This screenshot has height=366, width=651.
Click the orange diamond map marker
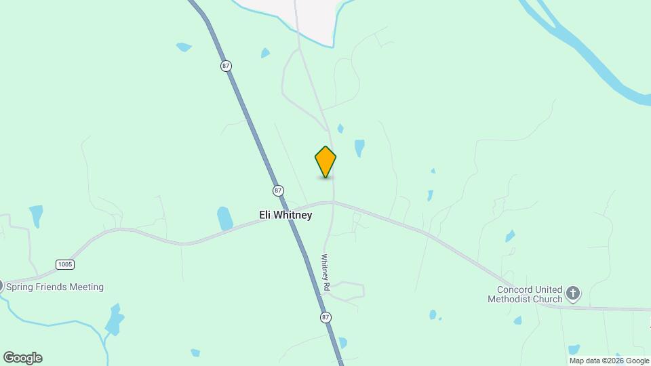pyautogui.click(x=325, y=162)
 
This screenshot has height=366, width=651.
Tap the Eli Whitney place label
pyautogui.click(x=285, y=215)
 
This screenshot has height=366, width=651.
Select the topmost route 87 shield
pyautogui.click(x=226, y=66)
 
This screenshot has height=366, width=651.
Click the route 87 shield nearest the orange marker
pyautogui.click(x=278, y=190)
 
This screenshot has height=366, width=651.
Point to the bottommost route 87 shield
pyautogui.click(x=326, y=317)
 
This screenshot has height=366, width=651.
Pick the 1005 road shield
pyautogui.click(x=65, y=264)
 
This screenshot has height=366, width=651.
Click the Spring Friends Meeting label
pyautogui.click(x=55, y=287)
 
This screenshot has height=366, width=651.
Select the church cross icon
pyautogui.click(x=573, y=293)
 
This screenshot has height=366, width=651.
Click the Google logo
pyautogui.click(x=22, y=358)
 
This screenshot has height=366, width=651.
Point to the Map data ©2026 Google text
pyautogui.click(x=609, y=361)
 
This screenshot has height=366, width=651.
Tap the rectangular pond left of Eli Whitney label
pyautogui.click(x=224, y=218)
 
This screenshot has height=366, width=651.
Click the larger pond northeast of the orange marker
pyautogui.click(x=359, y=147)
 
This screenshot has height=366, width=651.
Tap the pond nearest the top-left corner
pyautogui.click(x=183, y=47)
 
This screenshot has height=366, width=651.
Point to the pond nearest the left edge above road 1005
pyautogui.click(x=36, y=215)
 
